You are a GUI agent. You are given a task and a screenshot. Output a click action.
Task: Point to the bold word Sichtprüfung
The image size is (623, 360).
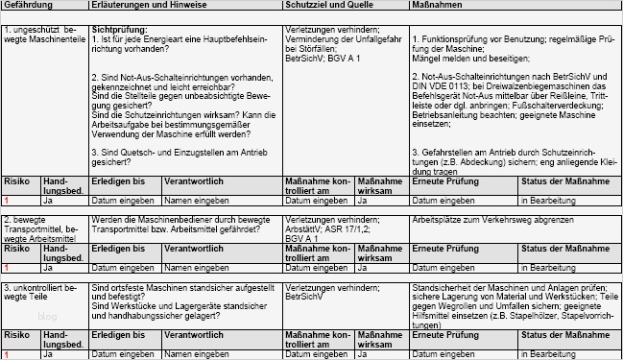[x=118, y=30]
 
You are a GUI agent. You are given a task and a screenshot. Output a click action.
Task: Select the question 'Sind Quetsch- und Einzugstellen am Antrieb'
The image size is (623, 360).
[x=175, y=152]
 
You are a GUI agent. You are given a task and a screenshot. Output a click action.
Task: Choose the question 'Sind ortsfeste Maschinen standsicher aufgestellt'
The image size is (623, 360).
[x=182, y=287]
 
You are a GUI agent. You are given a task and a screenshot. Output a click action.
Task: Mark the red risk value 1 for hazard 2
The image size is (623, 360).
[x=6, y=269]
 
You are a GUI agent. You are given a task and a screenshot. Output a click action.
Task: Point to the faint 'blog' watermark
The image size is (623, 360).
[x=47, y=317]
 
